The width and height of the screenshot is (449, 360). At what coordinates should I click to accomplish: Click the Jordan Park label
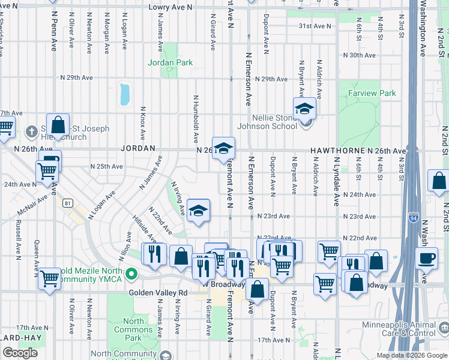(170, 62)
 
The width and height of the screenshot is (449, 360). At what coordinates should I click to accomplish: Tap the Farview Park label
(372, 93)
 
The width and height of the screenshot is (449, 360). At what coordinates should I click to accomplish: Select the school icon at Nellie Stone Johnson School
(304, 109)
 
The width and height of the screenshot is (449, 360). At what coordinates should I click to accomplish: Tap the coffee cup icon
(426, 258)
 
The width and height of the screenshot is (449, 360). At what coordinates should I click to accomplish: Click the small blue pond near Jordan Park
(125, 94)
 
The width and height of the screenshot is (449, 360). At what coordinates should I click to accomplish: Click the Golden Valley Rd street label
(158, 293)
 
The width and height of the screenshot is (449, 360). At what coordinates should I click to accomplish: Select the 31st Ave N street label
(315, 26)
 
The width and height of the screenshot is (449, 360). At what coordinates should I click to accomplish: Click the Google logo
(20, 353)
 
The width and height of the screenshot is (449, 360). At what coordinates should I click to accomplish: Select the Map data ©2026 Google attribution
(411, 355)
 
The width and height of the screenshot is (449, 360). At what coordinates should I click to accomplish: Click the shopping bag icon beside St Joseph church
(58, 125)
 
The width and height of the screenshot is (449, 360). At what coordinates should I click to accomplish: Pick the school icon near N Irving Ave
(198, 211)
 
